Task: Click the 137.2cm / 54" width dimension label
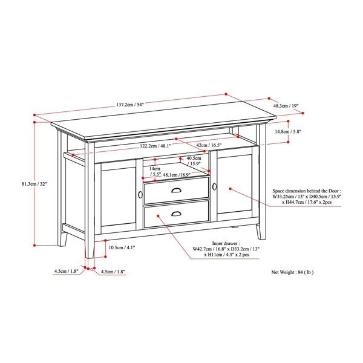click(x=130, y=105)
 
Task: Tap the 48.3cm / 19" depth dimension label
click(x=286, y=106)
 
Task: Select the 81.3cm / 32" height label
click(x=34, y=184)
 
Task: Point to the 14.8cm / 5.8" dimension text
click(x=288, y=132)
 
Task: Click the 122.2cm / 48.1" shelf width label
click(x=155, y=146)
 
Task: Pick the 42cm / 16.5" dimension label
click(x=209, y=145)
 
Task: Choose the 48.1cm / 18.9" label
click(x=177, y=175)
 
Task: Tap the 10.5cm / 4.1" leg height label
click(x=122, y=247)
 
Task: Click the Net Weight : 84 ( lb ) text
click(x=292, y=272)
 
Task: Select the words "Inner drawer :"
click(x=226, y=243)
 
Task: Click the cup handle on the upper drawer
click(x=177, y=191)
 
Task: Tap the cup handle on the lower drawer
click(x=177, y=214)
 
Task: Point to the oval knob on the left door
click(x=140, y=195)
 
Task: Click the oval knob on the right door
click(x=214, y=186)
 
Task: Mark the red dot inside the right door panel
click(x=231, y=189)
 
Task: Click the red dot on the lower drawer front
click(x=158, y=216)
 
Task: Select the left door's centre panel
click(x=119, y=194)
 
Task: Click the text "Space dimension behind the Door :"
click(x=307, y=191)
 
